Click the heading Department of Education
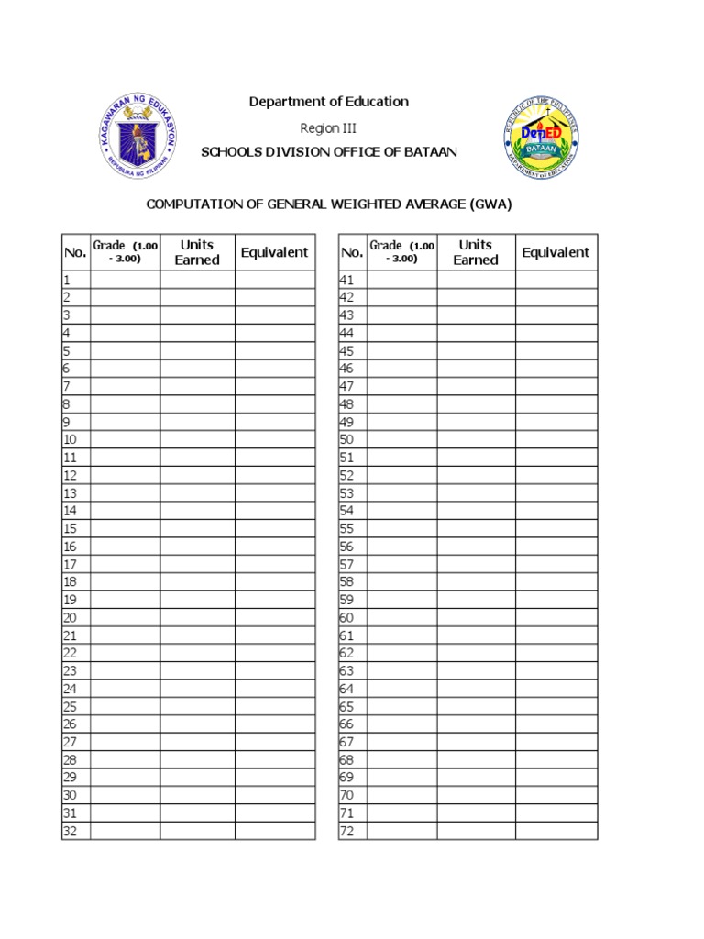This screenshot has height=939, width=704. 329,102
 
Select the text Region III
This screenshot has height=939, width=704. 328,127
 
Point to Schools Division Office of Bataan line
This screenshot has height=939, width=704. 329,152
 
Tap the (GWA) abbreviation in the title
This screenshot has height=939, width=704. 490,204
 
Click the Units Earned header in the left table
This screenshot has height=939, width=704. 197,252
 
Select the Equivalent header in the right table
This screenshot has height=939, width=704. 555,252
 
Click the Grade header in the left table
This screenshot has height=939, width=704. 125,251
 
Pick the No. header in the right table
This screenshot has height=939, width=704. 352,253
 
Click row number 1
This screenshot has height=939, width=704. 67,280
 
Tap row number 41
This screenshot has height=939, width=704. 346,280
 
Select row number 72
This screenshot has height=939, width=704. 346,831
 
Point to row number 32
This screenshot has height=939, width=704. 71,831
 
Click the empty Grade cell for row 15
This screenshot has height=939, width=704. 125,528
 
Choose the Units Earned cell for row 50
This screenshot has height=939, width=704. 476,439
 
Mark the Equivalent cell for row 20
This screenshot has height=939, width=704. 275,617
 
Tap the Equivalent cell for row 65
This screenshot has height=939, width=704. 555,706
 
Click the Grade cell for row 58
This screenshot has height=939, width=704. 401,581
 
